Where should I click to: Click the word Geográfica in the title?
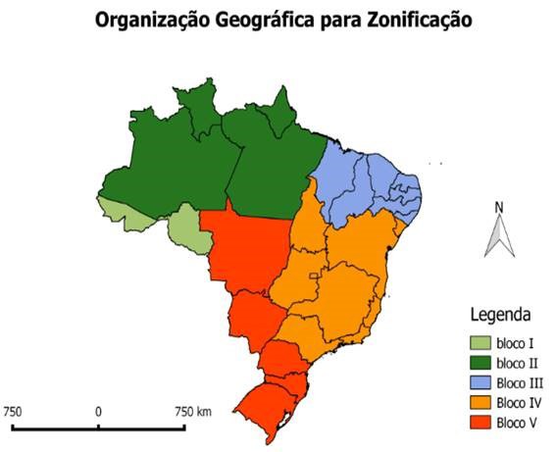(258, 20)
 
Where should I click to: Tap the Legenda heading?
(501, 316)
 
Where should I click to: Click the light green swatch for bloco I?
(477, 342)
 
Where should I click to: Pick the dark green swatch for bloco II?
(477, 363)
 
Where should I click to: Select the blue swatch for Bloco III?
(477, 383)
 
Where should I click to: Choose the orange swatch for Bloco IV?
(477, 403)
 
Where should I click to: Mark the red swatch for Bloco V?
(477, 424)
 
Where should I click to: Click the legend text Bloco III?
(520, 383)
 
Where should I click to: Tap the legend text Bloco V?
(518, 424)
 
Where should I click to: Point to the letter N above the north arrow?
(499, 207)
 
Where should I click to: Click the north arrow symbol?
(499, 235)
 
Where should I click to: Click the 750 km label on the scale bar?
(190, 411)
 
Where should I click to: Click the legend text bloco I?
(514, 343)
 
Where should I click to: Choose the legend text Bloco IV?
(519, 403)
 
